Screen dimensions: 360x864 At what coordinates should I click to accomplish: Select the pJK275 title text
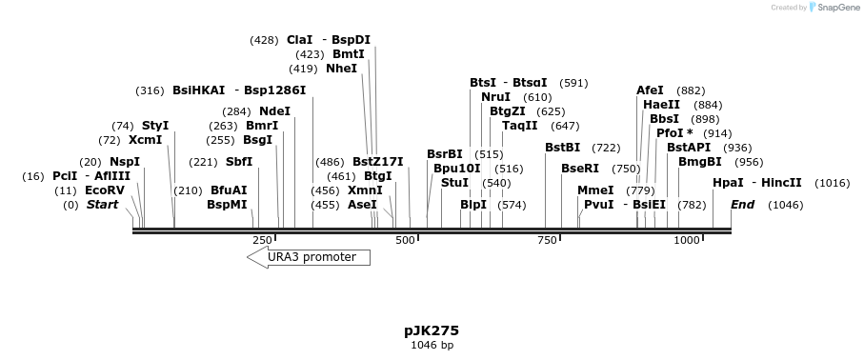coord(432,330)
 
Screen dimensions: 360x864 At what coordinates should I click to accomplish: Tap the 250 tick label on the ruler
coord(262,240)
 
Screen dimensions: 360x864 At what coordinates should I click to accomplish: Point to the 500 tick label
coord(405,240)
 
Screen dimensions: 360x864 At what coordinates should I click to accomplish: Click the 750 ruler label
coord(547,240)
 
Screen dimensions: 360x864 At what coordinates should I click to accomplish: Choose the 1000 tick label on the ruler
coord(687,240)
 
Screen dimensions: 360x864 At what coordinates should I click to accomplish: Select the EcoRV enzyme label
coord(105,190)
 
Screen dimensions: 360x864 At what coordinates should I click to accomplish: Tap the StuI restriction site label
coord(455,182)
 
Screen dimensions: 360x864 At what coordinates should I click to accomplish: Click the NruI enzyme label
coord(496,97)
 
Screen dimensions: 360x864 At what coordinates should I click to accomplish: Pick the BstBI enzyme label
coord(562,148)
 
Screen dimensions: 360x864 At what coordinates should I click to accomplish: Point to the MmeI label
coord(595,190)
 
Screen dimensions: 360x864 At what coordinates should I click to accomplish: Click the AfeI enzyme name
coord(650,90)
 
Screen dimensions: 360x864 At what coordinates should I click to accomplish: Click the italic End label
coord(742,205)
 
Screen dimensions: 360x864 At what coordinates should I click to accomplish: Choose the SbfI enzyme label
coord(239,162)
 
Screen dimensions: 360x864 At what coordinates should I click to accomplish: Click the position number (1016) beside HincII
coord(832,183)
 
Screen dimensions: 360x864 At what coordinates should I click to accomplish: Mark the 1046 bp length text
coord(432,345)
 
